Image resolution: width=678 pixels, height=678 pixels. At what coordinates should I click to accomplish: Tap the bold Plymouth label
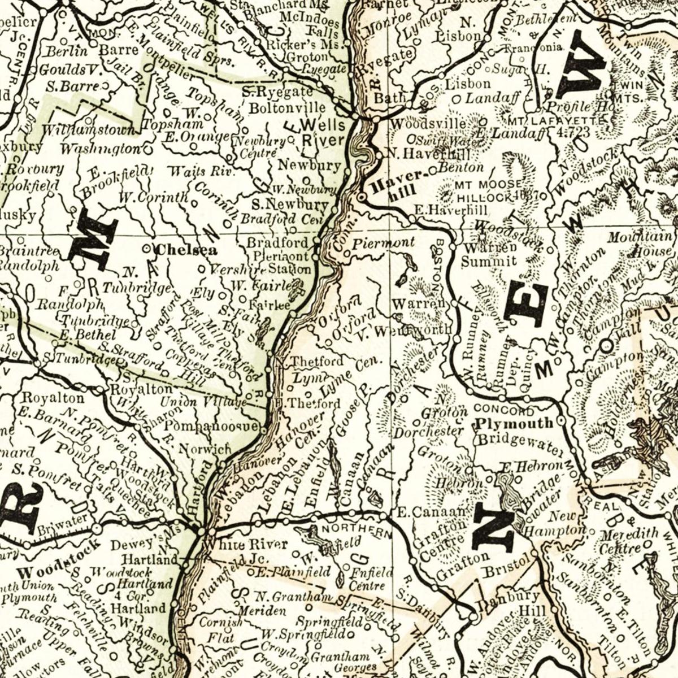514,423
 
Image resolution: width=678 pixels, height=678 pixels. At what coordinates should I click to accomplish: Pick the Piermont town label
383,243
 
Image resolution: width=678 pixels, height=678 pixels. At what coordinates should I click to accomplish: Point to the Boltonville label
288,107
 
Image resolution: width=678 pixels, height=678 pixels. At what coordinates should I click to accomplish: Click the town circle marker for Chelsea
148,248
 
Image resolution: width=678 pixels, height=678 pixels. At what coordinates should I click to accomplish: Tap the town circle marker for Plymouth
561,421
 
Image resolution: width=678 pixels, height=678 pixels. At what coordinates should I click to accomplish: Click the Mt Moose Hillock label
489,191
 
